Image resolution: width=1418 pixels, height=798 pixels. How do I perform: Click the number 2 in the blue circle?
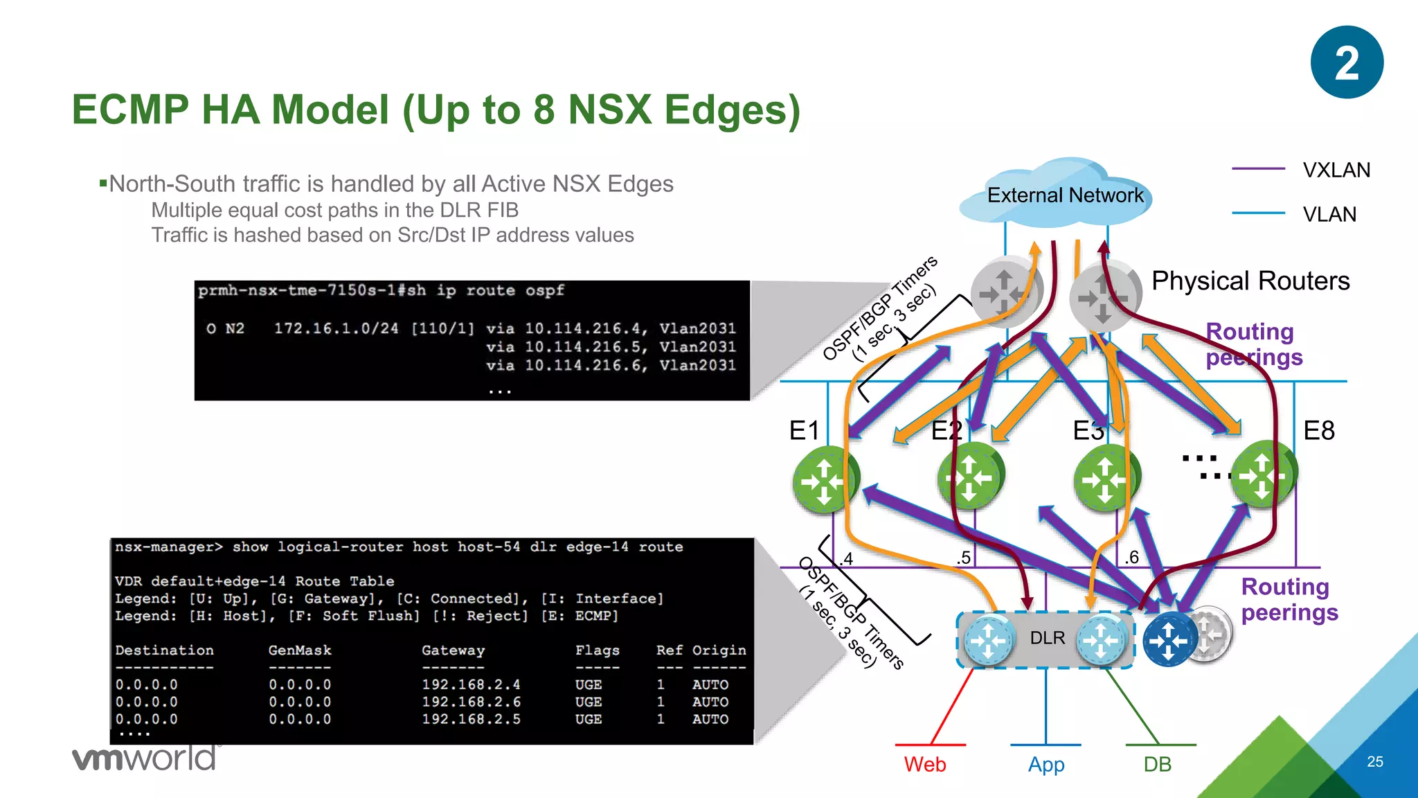coord(1347,63)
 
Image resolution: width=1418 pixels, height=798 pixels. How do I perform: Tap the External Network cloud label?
coord(1065,195)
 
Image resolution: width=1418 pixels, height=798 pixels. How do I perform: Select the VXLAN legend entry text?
coord(1336,170)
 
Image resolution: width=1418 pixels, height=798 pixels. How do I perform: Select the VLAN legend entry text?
coord(1329,215)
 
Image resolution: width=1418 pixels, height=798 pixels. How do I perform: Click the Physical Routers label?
coord(1250,281)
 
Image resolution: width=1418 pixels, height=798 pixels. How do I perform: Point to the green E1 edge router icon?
coord(824,480)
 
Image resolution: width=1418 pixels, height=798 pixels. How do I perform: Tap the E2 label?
coord(946,431)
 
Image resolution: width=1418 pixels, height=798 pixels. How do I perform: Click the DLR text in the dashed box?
coord(1047,638)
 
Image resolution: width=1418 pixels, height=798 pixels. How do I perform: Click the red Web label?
coord(924,765)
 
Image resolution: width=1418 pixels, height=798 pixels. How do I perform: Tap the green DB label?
coord(1157,765)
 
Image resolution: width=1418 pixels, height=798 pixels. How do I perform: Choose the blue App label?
coord(1045,765)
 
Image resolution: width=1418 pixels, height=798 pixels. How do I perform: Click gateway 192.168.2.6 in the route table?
coord(471,702)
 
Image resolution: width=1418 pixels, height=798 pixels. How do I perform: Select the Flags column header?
coord(597,650)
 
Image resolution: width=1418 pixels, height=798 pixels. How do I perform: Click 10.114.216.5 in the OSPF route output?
coord(583,347)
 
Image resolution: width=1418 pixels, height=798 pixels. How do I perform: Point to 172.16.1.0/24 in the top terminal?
coord(336,328)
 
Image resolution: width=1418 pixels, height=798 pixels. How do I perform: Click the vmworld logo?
coord(144,758)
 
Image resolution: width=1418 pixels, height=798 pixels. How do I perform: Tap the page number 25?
coord(1374,762)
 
